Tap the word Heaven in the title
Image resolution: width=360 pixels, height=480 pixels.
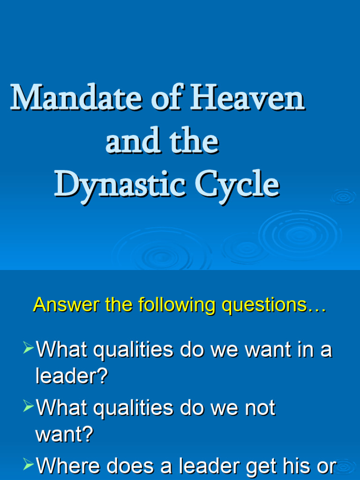click(x=247, y=99)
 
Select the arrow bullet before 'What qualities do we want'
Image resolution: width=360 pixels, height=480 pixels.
click(x=29, y=347)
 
